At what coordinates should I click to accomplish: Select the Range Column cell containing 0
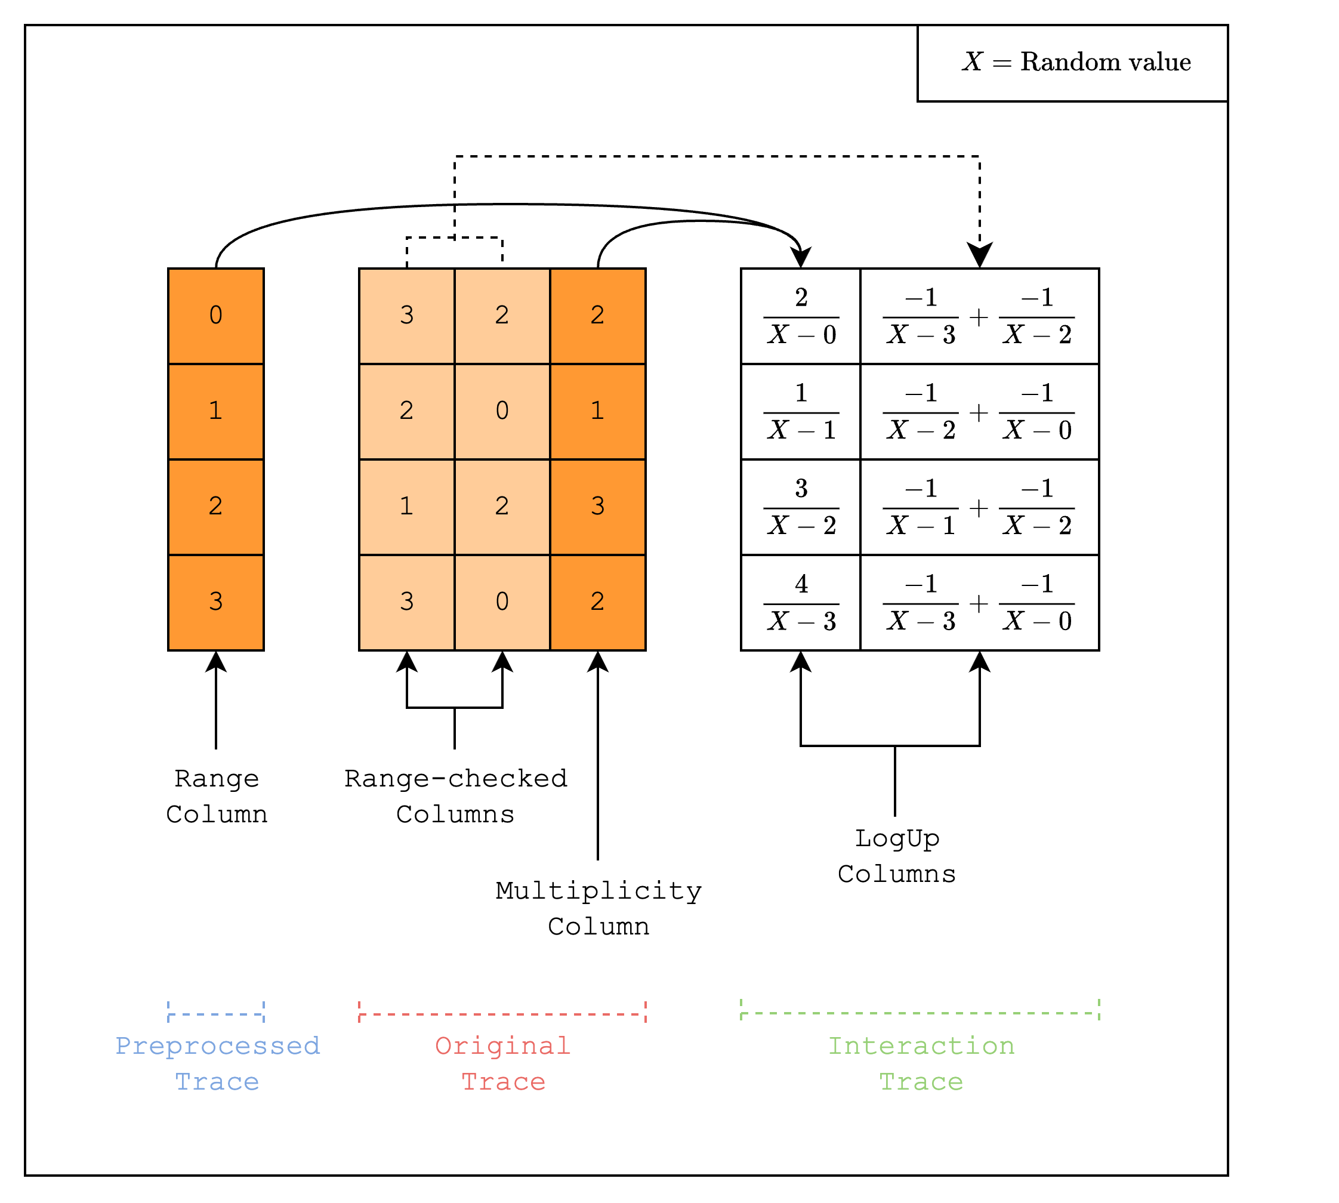[216, 315]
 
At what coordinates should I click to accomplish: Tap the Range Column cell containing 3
[216, 601]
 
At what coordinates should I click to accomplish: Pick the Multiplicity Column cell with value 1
[597, 411]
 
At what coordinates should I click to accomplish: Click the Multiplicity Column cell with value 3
[597, 506]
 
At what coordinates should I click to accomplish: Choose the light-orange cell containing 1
[406, 506]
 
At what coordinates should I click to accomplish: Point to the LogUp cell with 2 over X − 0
[801, 316]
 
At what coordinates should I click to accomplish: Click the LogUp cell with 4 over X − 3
[801, 602]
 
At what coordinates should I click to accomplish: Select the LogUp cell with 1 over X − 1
[801, 411]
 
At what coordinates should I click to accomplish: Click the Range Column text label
[217, 797]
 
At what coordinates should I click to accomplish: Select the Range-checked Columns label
[455, 797]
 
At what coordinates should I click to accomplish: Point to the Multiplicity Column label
[598, 909]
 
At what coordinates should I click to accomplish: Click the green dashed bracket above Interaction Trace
[920, 1013]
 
